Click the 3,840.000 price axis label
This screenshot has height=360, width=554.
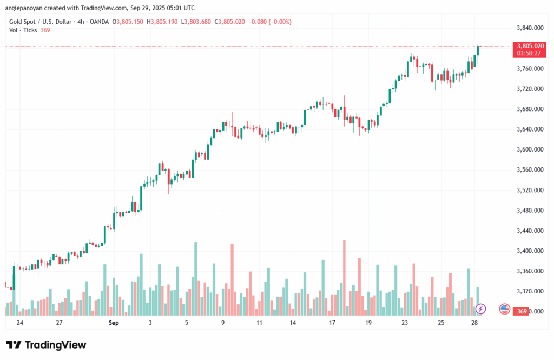pos(530,28)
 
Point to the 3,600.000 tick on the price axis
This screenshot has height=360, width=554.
pos(530,149)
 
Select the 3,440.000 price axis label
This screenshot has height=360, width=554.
pos(530,231)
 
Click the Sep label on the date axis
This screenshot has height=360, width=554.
pos(113,323)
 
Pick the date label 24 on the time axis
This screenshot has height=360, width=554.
pos(20,323)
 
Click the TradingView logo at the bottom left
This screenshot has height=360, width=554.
pos(46,345)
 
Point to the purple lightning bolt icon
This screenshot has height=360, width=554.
pos(481,309)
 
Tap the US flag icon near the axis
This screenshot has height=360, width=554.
pos(504,309)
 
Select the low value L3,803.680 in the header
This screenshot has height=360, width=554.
pos(196,22)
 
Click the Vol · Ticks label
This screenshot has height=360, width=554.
pos(23,30)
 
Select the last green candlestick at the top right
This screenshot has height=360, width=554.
pos(478,50)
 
